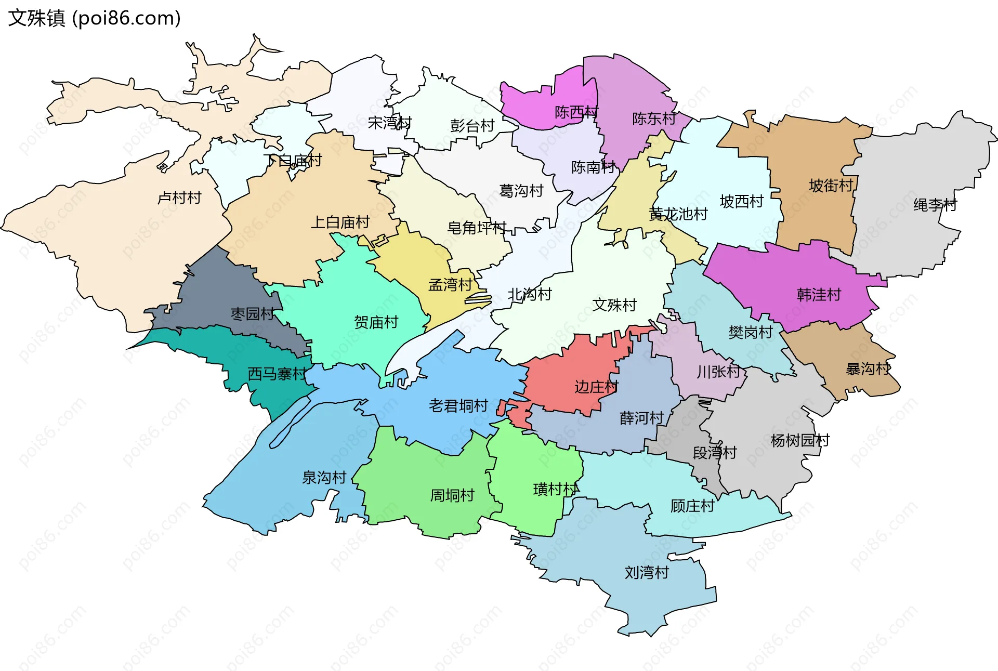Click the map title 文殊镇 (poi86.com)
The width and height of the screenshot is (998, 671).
pyautogui.click(x=94, y=18)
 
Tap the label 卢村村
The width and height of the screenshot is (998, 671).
pyautogui.click(x=179, y=198)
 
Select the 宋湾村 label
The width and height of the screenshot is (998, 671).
pyautogui.click(x=389, y=123)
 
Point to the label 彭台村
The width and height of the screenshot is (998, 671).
pyautogui.click(x=472, y=126)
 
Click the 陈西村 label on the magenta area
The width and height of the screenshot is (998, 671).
pyautogui.click(x=576, y=112)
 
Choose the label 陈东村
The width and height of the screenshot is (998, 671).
pyautogui.click(x=654, y=119)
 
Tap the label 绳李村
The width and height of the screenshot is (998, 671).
pyautogui.click(x=935, y=205)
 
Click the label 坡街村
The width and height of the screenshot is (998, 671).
pyautogui.click(x=831, y=186)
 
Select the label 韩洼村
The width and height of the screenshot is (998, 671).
pyautogui.click(x=819, y=295)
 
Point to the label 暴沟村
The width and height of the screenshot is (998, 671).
pyautogui.click(x=868, y=369)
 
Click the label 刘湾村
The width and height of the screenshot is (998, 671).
pyautogui.click(x=646, y=573)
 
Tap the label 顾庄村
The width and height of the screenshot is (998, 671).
pyautogui.click(x=692, y=506)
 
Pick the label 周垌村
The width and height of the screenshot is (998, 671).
pyautogui.click(x=452, y=495)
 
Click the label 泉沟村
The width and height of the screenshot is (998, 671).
pyautogui.click(x=324, y=478)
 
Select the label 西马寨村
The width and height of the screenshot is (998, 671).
pyautogui.click(x=277, y=374)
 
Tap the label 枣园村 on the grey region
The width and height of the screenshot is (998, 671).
pyautogui.click(x=252, y=314)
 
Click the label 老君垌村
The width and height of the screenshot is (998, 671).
pyautogui.click(x=458, y=405)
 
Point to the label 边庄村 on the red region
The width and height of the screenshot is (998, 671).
pyautogui.click(x=596, y=387)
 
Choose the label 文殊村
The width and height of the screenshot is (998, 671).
pyautogui.click(x=614, y=305)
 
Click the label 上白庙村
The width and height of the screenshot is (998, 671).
pyautogui.click(x=340, y=222)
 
